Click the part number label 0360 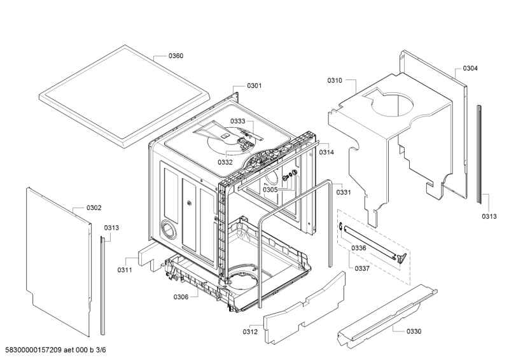(176, 56)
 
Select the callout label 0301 (254, 86)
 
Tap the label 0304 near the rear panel (470, 68)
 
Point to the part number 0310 (335, 81)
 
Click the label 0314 (327, 153)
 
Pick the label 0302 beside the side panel (94, 208)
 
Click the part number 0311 (125, 270)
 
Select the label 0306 (181, 297)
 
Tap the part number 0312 (250, 331)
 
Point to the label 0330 (414, 331)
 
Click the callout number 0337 (362, 268)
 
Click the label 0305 (270, 190)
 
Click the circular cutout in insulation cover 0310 (392, 104)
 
